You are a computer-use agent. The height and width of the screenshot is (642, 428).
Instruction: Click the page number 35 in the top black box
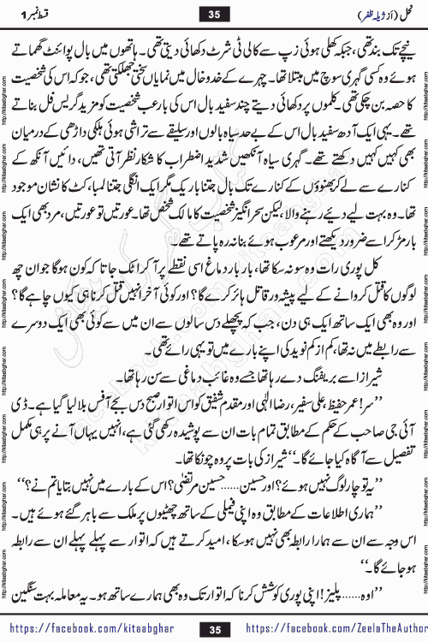coord(214,13)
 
